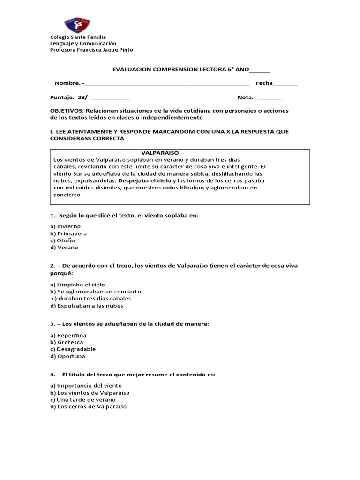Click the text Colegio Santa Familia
[78, 37]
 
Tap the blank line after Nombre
[166, 84]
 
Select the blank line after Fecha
[285, 84]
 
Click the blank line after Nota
[270, 98]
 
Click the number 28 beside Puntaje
[82, 97]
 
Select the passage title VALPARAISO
[160, 153]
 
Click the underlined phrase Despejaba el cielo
[145, 180]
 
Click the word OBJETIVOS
[66, 110]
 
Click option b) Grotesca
[67, 342]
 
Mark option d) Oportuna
[67, 356]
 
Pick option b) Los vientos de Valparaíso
[90, 393]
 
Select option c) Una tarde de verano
[82, 400]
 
